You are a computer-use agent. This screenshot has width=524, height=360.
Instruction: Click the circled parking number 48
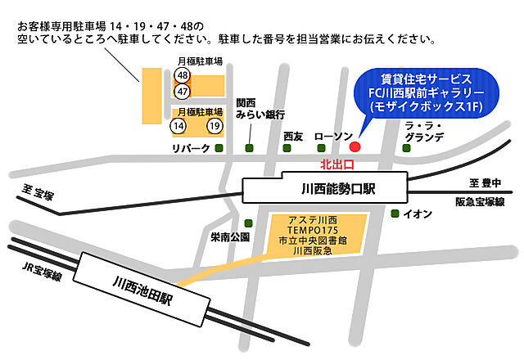point(182,75)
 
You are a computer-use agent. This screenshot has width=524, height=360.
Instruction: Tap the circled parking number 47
point(182,92)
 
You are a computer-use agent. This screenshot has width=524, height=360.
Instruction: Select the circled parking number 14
point(178,126)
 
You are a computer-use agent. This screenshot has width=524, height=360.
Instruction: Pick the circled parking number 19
point(215,126)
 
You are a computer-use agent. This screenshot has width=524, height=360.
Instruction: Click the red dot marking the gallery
point(355,147)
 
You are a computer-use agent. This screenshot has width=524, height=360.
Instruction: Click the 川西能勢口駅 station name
point(325,190)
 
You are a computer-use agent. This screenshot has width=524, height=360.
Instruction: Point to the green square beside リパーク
point(219,148)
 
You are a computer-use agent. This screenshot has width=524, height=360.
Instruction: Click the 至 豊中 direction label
point(486,183)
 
